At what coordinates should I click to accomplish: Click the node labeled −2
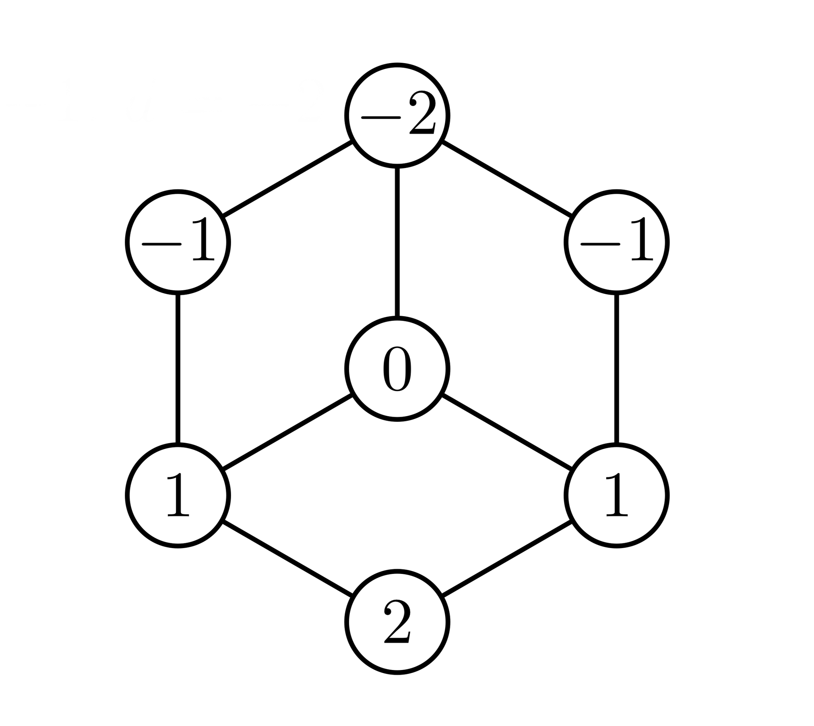click(397, 115)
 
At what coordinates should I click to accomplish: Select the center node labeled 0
click(397, 369)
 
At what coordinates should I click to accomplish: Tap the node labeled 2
click(397, 622)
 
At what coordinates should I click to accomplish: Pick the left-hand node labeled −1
click(178, 242)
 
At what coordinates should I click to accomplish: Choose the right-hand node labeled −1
click(617, 242)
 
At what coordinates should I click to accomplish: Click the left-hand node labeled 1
click(178, 495)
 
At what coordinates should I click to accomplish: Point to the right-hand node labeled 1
click(617, 495)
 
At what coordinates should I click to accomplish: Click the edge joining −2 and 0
click(397, 242)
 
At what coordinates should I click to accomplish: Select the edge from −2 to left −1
click(287, 179)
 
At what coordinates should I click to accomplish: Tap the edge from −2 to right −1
click(507, 179)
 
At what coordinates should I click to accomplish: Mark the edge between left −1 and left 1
click(178, 369)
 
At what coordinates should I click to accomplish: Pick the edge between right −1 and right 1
click(617, 369)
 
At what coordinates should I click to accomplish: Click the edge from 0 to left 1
click(287, 432)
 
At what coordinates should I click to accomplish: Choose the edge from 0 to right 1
click(507, 432)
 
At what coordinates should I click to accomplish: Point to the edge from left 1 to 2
click(287, 558)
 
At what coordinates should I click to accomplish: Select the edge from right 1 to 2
click(507, 558)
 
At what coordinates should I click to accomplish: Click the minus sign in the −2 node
click(380, 117)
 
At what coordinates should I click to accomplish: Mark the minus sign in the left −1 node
click(161, 244)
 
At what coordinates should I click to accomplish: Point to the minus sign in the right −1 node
click(600, 244)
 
